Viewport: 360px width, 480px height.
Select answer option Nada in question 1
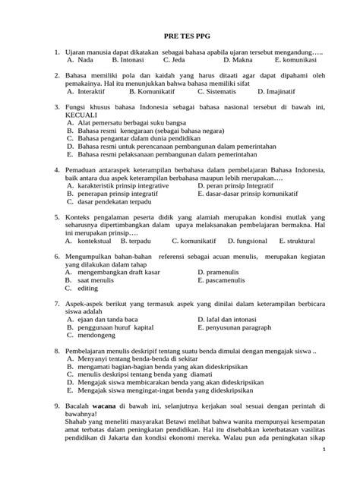pyautogui.click(x=86, y=58)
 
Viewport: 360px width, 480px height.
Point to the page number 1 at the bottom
pyautogui.click(x=344, y=470)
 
